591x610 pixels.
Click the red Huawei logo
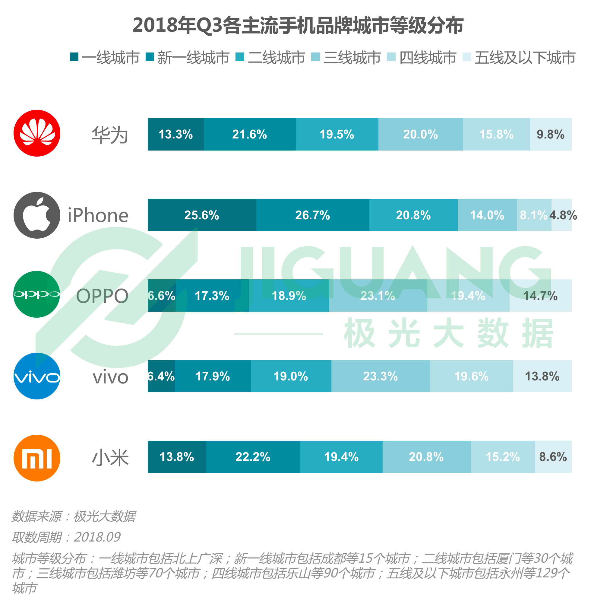37,134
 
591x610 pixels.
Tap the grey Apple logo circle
37,216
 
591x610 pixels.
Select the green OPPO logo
37,295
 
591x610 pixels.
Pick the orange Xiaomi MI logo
37,459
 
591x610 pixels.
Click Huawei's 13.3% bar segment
176,135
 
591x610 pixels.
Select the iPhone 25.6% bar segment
202,215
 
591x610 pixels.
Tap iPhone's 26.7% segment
313,215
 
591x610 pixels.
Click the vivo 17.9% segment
213,376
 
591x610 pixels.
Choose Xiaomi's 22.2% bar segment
253,457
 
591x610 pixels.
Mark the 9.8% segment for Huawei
551,135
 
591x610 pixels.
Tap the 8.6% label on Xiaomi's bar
553,457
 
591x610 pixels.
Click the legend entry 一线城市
105,58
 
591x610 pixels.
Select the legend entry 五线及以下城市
520,58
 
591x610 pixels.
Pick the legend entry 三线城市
346,58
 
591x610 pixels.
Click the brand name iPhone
98,216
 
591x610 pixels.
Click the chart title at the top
298,26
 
